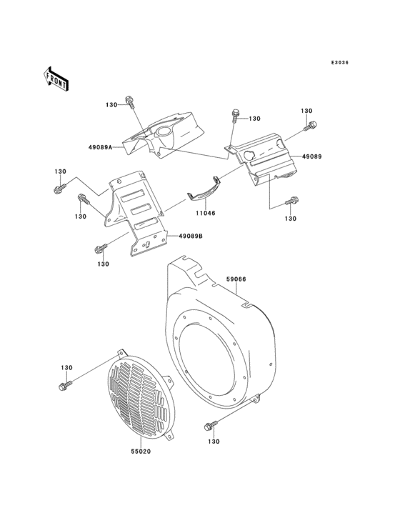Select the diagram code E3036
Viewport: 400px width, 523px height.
tap(339, 63)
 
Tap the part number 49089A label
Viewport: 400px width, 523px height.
tap(100, 147)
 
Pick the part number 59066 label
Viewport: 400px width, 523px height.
tap(236, 281)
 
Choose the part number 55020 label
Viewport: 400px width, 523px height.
tap(139, 452)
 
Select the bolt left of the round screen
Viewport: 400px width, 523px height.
tap(64, 386)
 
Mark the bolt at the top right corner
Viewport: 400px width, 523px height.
tap(311, 127)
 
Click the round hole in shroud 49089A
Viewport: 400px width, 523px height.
tap(164, 133)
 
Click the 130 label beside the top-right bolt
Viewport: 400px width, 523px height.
tap(306, 111)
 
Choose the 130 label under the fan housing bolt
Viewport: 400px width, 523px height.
tap(214, 442)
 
